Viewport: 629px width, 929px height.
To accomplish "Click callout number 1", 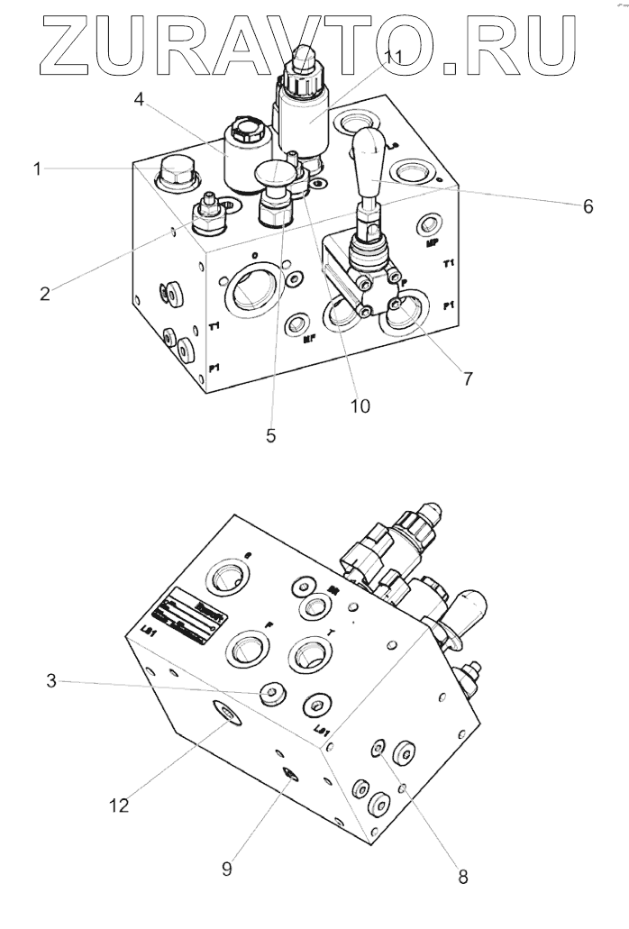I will coord(38,168).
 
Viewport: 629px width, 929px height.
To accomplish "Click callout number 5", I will coord(270,436).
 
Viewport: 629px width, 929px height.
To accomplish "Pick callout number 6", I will coord(587,207).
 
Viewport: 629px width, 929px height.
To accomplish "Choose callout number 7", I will coord(468,378).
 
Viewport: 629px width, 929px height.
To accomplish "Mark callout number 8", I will coord(462,873).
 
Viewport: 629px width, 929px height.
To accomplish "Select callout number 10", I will coord(360,406).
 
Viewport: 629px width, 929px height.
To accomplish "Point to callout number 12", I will coord(120,805).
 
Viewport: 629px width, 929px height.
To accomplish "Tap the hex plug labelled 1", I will coord(171,174).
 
